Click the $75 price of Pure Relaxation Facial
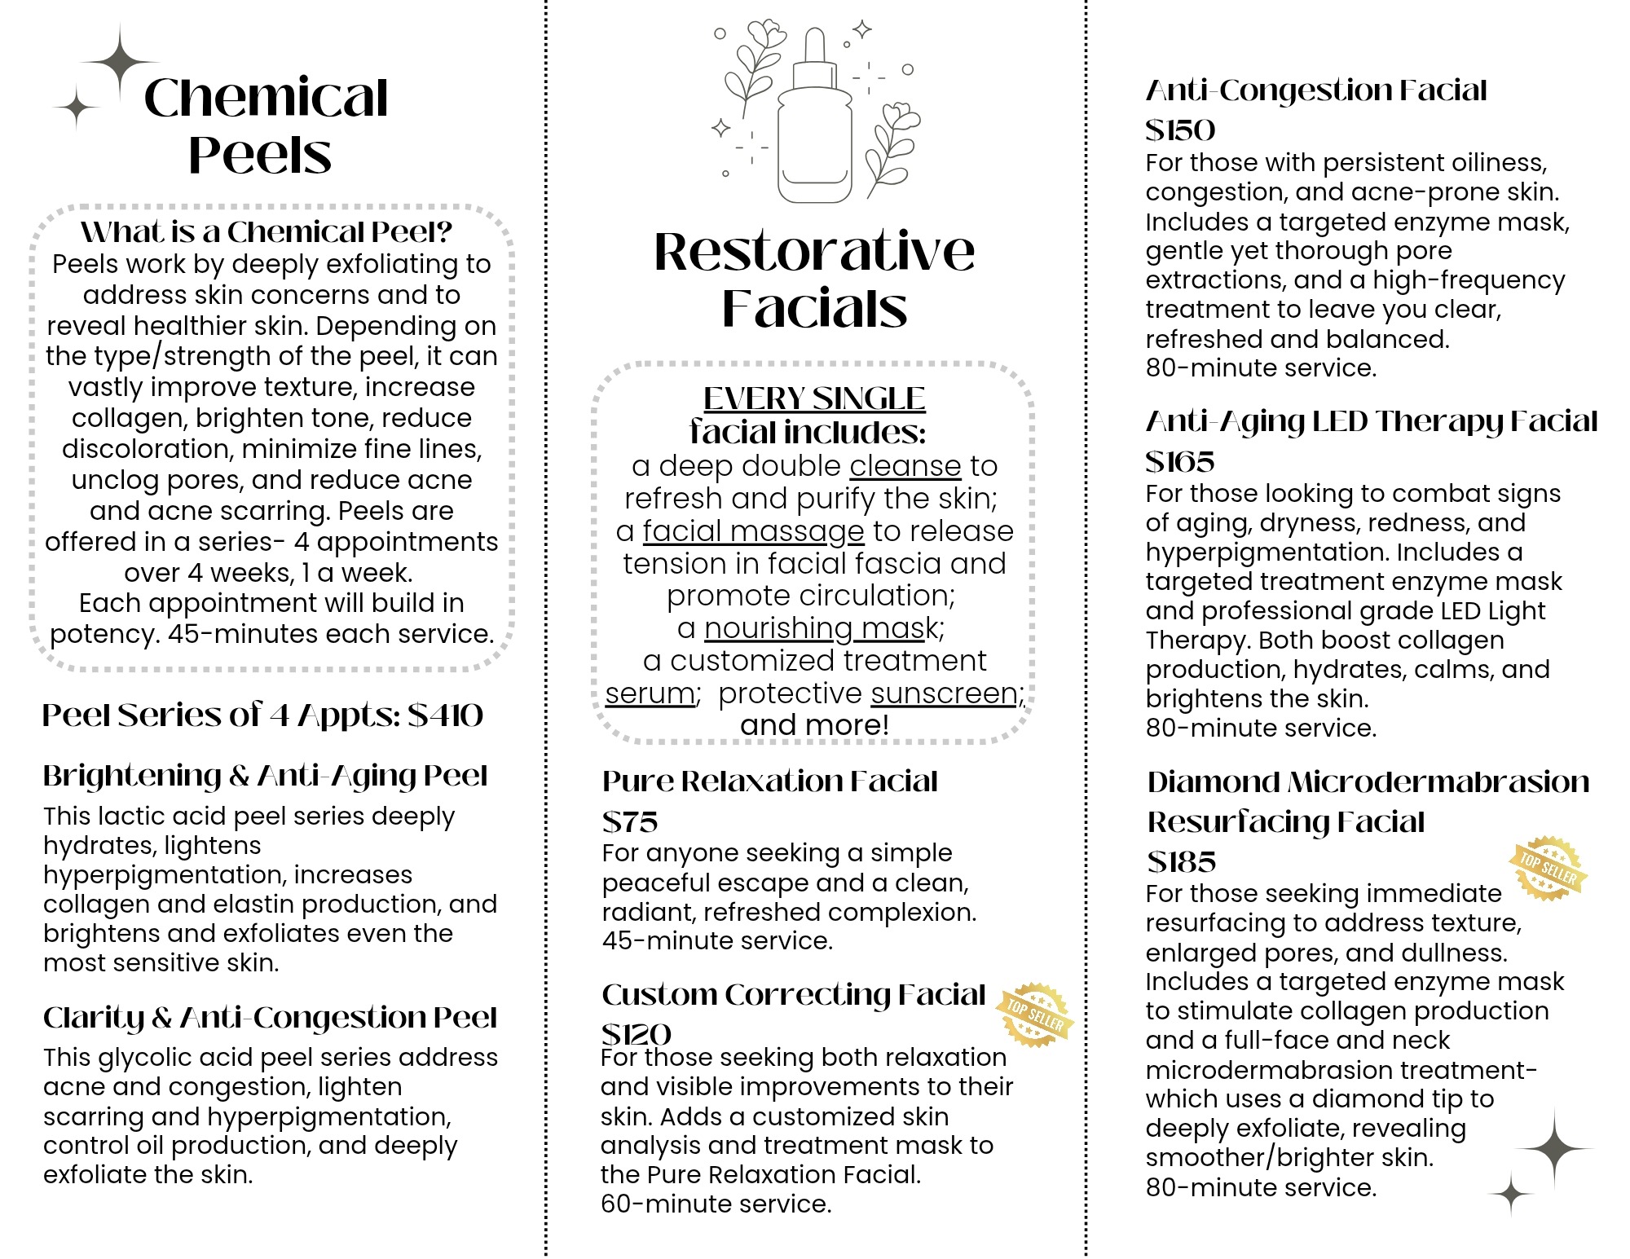coord(629,821)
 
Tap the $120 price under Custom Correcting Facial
coord(637,1034)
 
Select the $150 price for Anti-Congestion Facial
coord(1180,130)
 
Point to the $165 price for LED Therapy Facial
coord(1180,462)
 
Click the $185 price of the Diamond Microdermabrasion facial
coord(1182,861)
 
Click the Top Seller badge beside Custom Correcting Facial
coord(1034,1015)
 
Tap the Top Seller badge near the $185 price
coord(1548,868)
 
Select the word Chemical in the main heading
coord(266,98)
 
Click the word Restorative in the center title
coord(814,251)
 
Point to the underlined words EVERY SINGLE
coord(814,398)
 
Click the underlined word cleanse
coord(905,466)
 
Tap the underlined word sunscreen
coord(944,693)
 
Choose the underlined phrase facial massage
coord(753,531)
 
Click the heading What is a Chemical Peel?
coord(267,232)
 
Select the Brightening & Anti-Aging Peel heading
coord(266,776)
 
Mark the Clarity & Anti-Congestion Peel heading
coord(270,1017)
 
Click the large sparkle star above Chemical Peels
coord(120,62)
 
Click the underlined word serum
coord(650,693)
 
